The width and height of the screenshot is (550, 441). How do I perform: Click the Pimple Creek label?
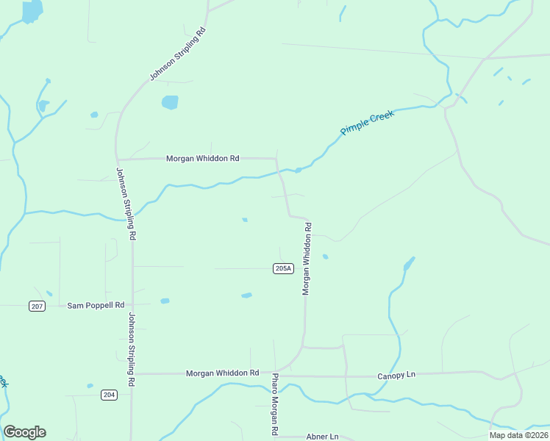pos(367,123)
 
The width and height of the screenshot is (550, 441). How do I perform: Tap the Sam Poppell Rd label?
pos(96,305)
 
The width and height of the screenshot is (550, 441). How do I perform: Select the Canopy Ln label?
pos(396,375)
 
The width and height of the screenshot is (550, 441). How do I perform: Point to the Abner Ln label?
pos(322,437)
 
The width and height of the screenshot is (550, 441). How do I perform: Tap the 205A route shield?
pos(283,269)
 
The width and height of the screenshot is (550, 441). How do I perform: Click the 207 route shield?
pos(37,306)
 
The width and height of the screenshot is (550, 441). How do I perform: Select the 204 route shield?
pos(109,395)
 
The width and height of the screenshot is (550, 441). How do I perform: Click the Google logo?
pos(24,432)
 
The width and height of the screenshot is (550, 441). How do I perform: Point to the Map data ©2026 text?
pos(518,435)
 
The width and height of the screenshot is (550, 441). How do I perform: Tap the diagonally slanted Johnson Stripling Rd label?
pos(177,54)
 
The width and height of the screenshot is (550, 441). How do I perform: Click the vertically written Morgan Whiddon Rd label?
pos(307,259)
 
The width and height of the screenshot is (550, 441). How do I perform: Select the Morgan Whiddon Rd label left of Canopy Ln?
pos(223,373)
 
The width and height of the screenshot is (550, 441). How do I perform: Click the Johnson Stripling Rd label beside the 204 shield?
pos(132,351)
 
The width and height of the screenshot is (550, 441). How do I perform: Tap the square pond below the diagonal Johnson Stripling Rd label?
pos(170,102)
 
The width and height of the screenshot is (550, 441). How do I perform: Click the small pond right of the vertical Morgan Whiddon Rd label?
pos(325,257)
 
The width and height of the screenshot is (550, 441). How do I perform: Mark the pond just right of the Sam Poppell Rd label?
pos(165,301)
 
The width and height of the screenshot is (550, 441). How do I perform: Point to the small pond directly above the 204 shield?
pos(90,385)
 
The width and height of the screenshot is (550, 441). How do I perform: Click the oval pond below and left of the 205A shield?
pos(246,295)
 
